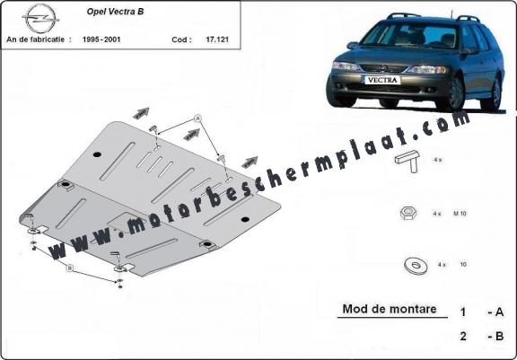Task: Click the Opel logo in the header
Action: pyautogui.click(x=39, y=17)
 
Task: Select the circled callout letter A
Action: pyautogui.click(x=197, y=119)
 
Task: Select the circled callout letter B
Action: pyautogui.click(x=68, y=267)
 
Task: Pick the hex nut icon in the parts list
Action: pyautogui.click(x=405, y=213)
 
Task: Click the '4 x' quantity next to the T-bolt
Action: pyautogui.click(x=437, y=159)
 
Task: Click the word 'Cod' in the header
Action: pyautogui.click(x=180, y=41)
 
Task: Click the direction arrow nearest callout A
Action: pyautogui.click(x=190, y=135)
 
